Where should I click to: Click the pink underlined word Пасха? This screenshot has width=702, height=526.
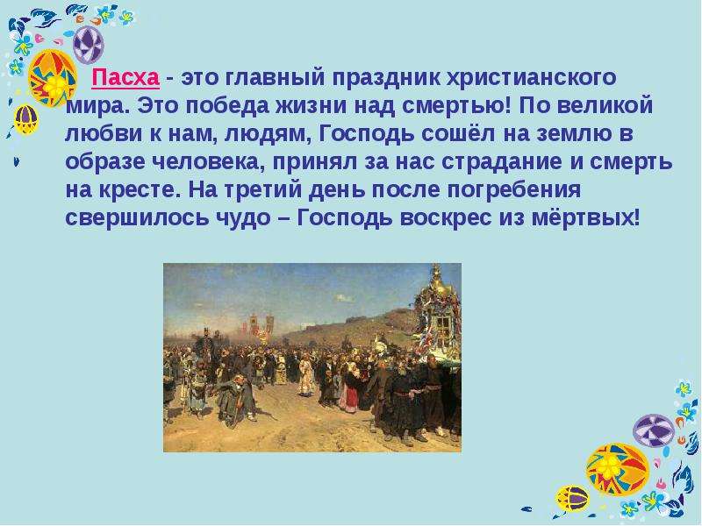tap(125, 78)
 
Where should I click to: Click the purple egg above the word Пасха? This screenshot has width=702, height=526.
tap(89, 45)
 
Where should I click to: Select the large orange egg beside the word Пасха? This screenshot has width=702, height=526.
tap(52, 77)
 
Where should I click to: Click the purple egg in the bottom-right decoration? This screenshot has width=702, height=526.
tap(654, 430)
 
